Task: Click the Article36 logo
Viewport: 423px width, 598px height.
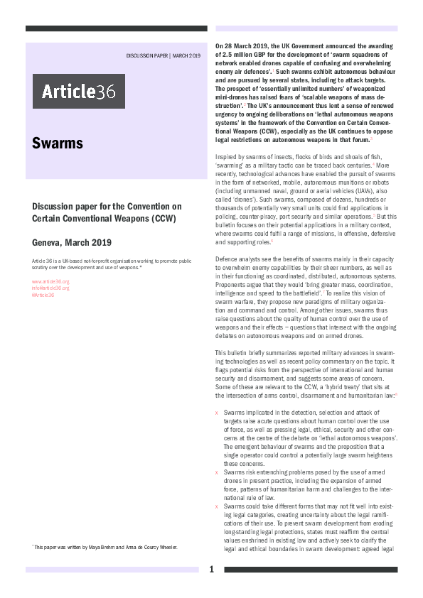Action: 78,91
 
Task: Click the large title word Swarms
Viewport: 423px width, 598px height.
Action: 58,143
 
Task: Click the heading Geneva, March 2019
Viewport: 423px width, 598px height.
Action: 72,242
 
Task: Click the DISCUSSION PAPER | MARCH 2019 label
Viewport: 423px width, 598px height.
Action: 164,55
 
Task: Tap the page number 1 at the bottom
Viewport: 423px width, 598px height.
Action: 211,570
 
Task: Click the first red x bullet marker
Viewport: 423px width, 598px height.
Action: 217,413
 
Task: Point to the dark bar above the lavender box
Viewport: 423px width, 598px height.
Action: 116,28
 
